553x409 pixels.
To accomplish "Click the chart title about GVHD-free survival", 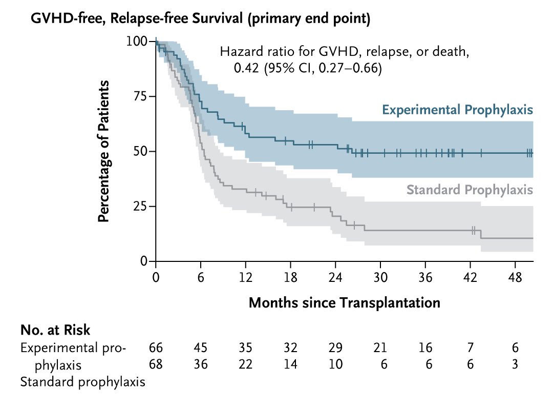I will coord(200,19).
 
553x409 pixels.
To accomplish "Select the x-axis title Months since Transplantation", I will coord(344,302).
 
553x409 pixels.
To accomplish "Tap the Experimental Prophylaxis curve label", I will coord(457,110).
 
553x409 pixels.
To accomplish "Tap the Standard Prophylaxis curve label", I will coord(470,190).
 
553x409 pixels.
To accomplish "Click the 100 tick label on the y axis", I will coord(137,41).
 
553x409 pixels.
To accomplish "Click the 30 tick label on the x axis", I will coord(380,277).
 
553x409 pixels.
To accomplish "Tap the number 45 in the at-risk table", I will coord(200,347).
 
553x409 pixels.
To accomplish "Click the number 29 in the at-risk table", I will coord(335,347).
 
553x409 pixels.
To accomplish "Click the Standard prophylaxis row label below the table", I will coord(82,381).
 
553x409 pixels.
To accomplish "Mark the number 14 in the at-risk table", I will coord(290,364).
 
